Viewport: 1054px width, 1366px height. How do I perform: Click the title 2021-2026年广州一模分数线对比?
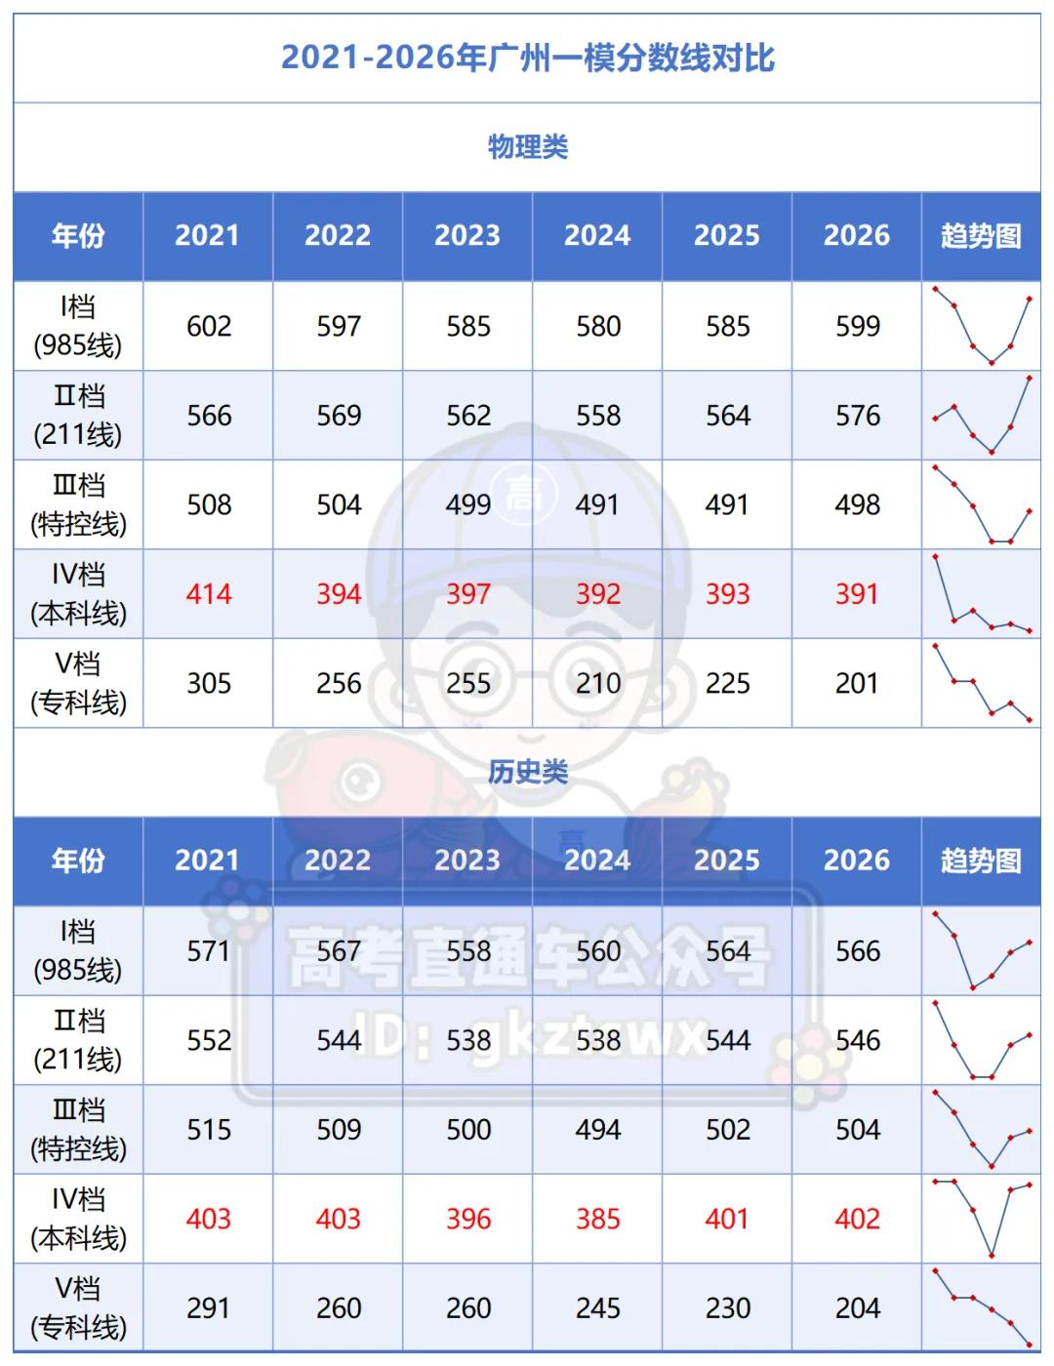coord(527,58)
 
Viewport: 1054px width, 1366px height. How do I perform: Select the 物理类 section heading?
coord(527,147)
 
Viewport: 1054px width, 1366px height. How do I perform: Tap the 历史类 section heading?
coord(528,772)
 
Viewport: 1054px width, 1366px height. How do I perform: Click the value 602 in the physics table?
coord(209,326)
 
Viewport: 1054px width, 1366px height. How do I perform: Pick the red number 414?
coord(209,594)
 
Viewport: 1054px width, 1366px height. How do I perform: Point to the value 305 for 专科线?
coord(209,683)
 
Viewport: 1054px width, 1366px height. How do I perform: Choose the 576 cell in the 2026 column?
coord(857,416)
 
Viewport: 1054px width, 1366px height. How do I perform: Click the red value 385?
coord(597,1219)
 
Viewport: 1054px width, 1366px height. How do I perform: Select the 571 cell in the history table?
coord(209,951)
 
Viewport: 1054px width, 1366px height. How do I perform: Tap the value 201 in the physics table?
coord(857,683)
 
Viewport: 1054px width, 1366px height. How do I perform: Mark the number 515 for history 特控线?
coord(209,1130)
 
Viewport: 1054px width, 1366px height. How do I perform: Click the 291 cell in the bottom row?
coord(209,1308)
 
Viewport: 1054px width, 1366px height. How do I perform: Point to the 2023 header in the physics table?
coord(466,236)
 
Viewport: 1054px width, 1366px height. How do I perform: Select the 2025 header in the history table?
coord(726,861)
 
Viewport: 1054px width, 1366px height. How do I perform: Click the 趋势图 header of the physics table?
coord(981,236)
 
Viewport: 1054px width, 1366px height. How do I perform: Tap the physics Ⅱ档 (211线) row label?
coord(78,416)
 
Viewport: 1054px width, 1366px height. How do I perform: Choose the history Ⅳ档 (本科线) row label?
coord(78,1219)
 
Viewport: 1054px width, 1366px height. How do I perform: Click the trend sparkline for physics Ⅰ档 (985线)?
coord(982,326)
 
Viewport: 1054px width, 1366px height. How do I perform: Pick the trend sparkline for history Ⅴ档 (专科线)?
coord(982,1307)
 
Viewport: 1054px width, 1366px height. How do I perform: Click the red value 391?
coord(857,594)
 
